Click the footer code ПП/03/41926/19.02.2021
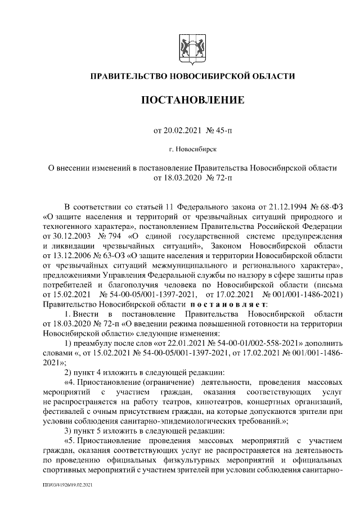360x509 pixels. (x=67, y=484)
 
